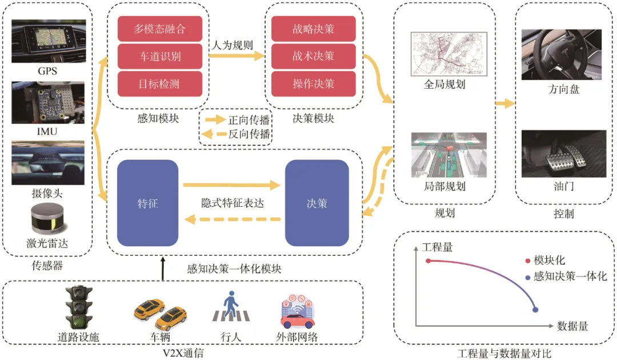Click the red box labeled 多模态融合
160,29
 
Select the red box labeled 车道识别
160,56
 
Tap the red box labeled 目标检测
160,84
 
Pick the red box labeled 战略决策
313,29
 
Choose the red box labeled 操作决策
313,84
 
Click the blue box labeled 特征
147,203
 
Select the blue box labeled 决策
316,203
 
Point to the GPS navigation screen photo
49,41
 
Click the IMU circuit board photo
48,103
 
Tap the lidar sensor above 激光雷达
47,219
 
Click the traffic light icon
79,307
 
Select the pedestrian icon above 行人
231,306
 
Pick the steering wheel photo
562,54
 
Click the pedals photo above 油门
564,154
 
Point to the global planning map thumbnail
449,54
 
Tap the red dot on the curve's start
428,261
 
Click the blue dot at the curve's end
535,310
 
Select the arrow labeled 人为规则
237,56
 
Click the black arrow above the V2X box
163,269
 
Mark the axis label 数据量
572,326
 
